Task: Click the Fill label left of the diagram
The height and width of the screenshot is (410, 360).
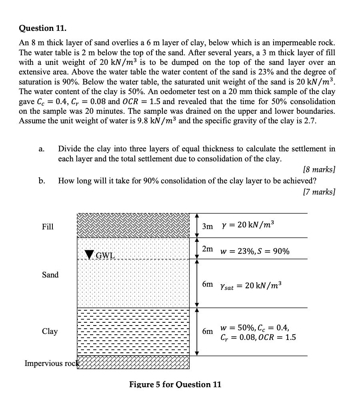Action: (48, 227)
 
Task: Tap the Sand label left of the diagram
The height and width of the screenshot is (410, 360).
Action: (50, 275)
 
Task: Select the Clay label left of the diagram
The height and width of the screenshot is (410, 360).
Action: (50, 332)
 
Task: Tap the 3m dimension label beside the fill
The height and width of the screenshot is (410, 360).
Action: (207, 227)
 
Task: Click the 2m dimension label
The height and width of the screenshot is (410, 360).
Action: (207, 249)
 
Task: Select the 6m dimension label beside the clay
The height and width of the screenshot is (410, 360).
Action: (207, 332)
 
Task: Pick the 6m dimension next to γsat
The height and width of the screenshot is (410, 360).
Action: (207, 284)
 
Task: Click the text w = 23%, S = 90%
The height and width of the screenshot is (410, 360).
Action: (255, 251)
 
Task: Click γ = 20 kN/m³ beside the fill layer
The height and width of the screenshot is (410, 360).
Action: (248, 225)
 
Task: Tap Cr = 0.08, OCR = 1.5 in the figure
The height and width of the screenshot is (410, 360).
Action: (258, 337)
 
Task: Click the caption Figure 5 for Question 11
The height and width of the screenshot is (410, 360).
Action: (175, 384)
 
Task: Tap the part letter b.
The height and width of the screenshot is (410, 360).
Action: (42, 181)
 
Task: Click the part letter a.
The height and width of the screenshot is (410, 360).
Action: (42, 149)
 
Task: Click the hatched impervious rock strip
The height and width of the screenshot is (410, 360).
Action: (133, 362)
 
